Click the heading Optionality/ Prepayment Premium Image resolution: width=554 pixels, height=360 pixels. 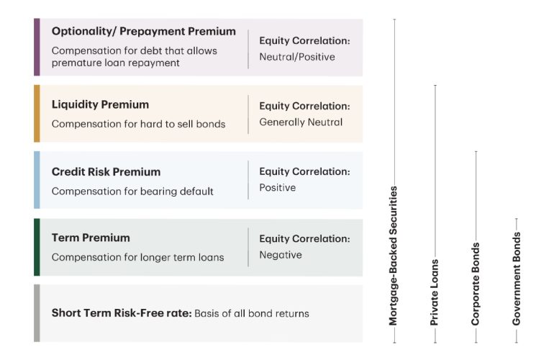click(x=143, y=32)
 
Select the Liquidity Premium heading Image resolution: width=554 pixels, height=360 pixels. click(x=100, y=105)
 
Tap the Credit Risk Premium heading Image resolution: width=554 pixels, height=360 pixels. click(x=106, y=172)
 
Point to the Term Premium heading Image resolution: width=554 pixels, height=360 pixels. click(x=91, y=238)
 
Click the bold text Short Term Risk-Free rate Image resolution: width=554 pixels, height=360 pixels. click(x=121, y=313)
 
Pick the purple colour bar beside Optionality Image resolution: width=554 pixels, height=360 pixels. click(x=37, y=47)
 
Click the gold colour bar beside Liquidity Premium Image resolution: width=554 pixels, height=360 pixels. click(x=37, y=113)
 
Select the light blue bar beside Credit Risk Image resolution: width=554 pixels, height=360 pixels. click(x=37, y=180)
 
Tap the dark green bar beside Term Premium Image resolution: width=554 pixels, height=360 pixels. click(x=37, y=247)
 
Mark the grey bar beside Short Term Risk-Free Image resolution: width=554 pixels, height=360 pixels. click(x=37, y=313)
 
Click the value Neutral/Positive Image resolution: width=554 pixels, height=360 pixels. click(x=296, y=57)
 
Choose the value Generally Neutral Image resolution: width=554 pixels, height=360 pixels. click(x=301, y=122)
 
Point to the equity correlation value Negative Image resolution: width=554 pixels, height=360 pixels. click(x=281, y=255)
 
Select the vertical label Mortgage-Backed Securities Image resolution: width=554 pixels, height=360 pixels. click(x=394, y=256)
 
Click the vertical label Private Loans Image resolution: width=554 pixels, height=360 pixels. click(x=435, y=292)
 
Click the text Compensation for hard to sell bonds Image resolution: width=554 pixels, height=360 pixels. click(x=138, y=124)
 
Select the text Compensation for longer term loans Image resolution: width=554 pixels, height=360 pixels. click(x=137, y=257)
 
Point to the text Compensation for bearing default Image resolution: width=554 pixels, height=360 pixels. click(x=132, y=192)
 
